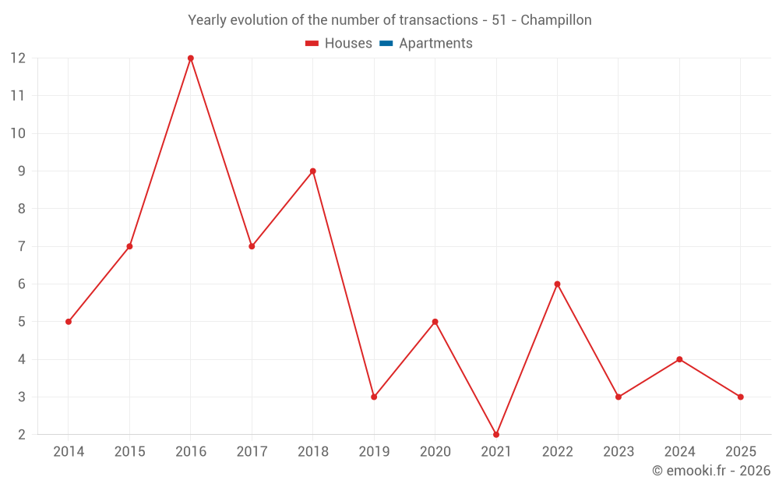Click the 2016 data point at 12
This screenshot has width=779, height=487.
(191, 58)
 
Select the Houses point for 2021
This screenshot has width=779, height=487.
(496, 435)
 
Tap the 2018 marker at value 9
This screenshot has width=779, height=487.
(313, 171)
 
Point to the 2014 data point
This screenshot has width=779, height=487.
(69, 322)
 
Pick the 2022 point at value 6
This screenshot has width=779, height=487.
(557, 284)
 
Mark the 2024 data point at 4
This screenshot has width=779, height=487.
(679, 359)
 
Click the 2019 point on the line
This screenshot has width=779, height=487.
(374, 397)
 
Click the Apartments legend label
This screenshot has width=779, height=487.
(435, 44)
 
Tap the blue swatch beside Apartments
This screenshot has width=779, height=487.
(386, 44)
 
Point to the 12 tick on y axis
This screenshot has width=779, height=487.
(18, 58)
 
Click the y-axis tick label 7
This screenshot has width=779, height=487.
(22, 247)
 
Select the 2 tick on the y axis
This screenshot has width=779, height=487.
(22, 435)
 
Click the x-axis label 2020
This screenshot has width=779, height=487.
(435, 452)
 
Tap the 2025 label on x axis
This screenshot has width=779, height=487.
(740, 452)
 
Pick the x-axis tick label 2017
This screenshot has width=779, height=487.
(252, 452)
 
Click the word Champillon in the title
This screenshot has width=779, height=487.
(556, 20)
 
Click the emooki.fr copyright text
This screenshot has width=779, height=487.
(711, 471)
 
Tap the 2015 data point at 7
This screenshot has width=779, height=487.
(129, 247)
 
